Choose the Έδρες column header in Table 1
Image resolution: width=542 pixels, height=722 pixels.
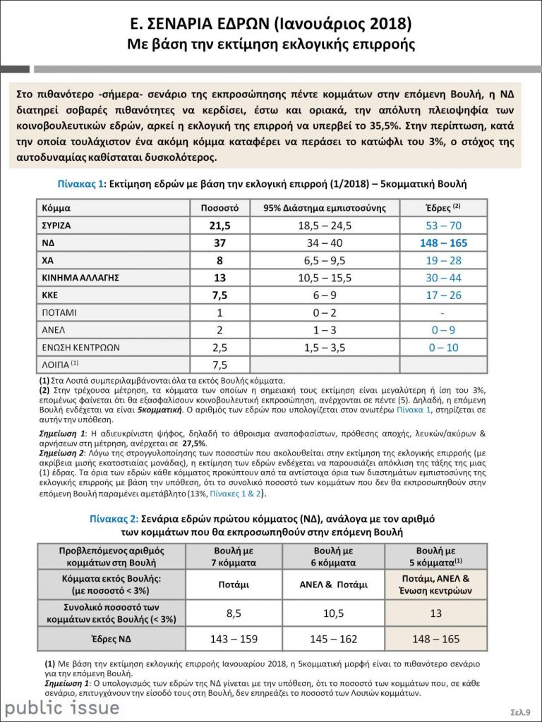point(443,209)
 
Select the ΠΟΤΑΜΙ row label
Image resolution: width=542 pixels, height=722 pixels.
point(60,312)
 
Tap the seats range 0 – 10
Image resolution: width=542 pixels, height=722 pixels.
point(443,347)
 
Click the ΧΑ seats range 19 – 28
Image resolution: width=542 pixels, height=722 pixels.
point(443,260)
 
